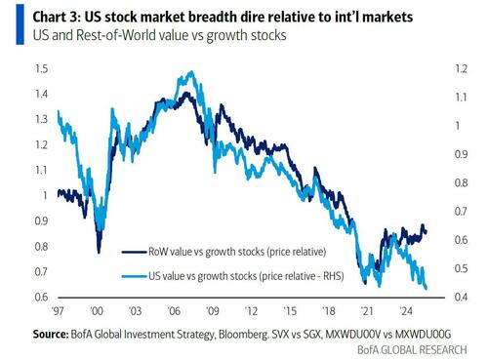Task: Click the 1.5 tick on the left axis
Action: tap(41, 69)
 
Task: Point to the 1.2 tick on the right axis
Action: tap(461, 69)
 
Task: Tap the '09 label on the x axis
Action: tap(213, 311)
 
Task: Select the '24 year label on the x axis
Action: tap(406, 311)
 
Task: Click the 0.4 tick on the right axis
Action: tap(461, 297)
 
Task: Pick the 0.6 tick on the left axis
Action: tap(41, 297)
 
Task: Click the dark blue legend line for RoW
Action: tap(134, 252)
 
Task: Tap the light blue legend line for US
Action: tap(134, 276)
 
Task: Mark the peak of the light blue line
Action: tap(192, 71)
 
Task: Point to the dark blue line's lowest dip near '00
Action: tap(99, 252)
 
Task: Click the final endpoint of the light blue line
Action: tap(426, 288)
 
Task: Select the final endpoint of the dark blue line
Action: tap(426, 231)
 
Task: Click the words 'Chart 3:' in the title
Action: tap(57, 17)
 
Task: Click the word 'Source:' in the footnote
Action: tap(51, 334)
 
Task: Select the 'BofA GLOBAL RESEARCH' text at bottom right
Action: tap(412, 350)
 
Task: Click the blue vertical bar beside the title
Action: tap(20, 24)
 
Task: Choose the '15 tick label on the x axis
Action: tap(290, 311)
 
